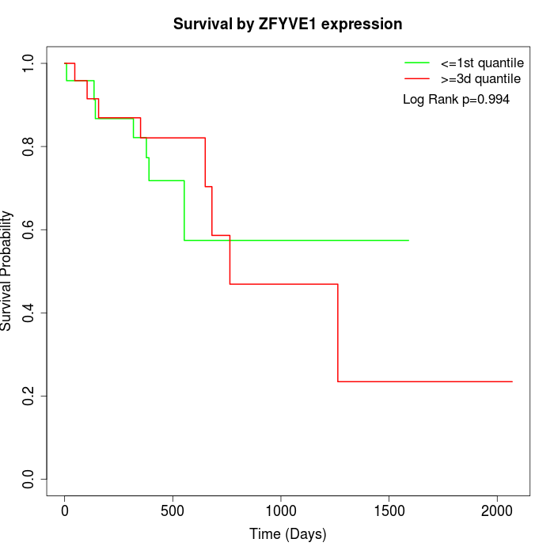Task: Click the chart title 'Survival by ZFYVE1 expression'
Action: point(287,25)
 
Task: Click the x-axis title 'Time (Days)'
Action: point(287,534)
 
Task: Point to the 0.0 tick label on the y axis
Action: point(29,479)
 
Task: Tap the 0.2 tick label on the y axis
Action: point(29,396)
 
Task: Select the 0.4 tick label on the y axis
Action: point(29,313)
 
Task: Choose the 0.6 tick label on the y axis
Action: point(29,230)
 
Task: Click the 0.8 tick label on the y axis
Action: point(29,146)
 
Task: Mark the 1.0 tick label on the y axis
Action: point(29,63)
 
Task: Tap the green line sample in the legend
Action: point(417,63)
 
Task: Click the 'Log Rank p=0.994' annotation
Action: point(456,100)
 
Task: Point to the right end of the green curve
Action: point(408,240)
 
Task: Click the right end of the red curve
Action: point(512,381)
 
